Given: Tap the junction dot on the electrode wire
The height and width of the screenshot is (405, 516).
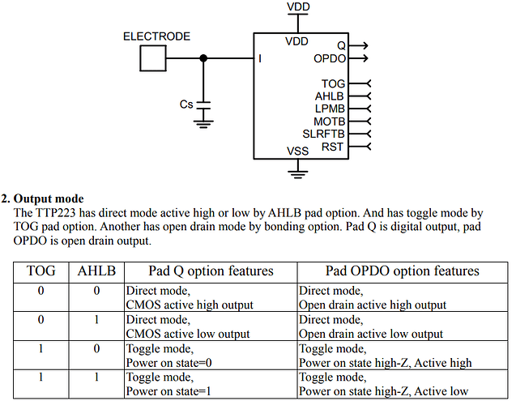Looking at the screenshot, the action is (203, 58).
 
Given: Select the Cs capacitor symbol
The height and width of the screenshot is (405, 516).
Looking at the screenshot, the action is (203, 105).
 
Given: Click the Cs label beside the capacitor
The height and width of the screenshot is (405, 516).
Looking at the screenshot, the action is (186, 104).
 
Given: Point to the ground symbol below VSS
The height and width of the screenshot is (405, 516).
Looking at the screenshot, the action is (298, 174).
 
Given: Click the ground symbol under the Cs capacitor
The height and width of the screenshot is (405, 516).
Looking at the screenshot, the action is (203, 125).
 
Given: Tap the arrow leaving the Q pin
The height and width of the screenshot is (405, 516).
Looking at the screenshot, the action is (358, 45).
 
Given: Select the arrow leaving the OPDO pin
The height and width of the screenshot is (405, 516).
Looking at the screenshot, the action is (358, 58).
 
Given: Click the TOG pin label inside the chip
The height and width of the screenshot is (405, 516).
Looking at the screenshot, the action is (333, 84).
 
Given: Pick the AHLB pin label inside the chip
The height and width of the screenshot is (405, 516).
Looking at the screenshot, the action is (330, 96).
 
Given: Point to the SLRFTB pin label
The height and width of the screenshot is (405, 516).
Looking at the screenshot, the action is (323, 134).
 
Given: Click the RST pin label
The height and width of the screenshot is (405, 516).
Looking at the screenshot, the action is (332, 147).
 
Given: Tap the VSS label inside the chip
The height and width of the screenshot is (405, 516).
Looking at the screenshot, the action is (298, 151).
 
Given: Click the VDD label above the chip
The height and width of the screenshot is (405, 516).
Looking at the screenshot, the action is (298, 7).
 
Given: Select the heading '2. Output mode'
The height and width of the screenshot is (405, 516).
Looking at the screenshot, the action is (42, 198).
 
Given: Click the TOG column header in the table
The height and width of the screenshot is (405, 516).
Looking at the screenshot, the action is (41, 271).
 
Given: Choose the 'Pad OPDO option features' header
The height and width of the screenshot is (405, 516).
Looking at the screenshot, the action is (402, 271).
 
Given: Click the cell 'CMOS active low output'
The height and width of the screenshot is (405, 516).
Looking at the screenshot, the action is (188, 334).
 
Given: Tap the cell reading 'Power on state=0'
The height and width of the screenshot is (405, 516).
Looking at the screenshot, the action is (168, 363).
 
